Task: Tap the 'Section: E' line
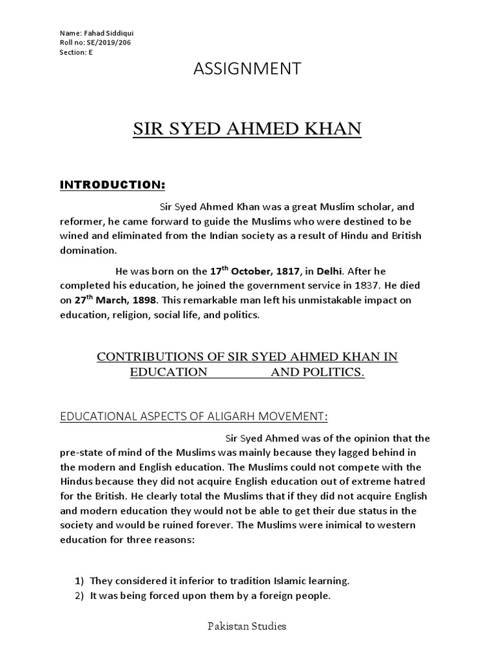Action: (x=75, y=53)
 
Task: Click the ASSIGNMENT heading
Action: (x=247, y=70)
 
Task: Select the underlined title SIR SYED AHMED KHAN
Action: (x=247, y=129)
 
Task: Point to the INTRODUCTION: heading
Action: (x=113, y=186)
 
